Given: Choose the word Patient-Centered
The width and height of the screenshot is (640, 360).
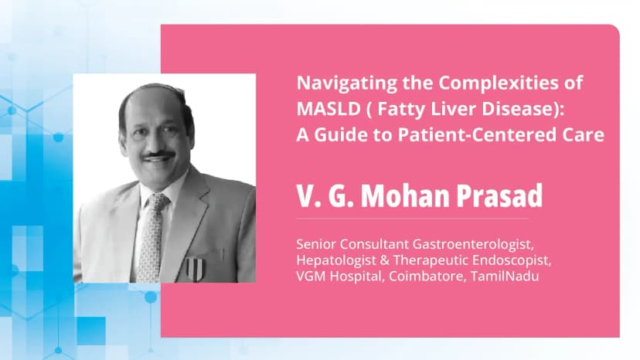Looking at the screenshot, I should tap(485, 134).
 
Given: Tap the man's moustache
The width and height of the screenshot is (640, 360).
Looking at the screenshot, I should tap(158, 156).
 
